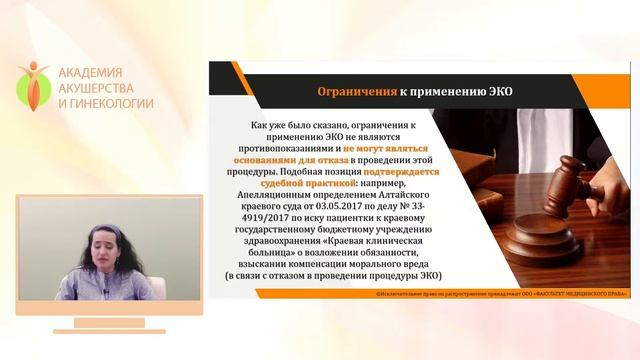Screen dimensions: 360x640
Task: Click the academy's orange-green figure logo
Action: [33, 86]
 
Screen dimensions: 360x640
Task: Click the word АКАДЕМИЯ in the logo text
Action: [90, 73]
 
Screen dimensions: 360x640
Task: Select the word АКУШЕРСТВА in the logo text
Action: [99, 88]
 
